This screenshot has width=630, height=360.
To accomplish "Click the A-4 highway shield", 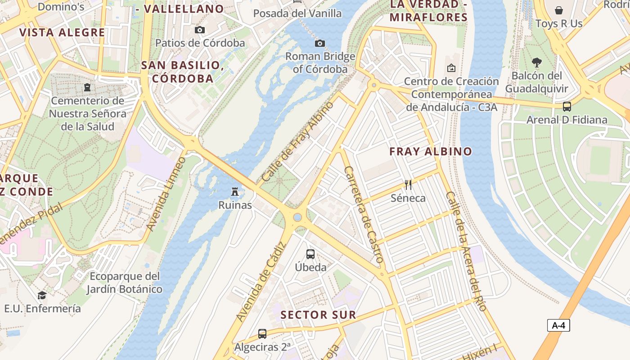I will (x=558, y=325).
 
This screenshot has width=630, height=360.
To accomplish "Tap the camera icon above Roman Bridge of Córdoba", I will (x=319, y=43).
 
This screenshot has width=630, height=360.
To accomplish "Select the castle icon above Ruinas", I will (x=234, y=192).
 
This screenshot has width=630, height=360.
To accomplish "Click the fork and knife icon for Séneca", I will (x=408, y=184).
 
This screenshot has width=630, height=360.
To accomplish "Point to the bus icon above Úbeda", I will (x=310, y=254).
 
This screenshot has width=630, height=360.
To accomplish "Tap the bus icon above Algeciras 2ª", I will (x=262, y=334).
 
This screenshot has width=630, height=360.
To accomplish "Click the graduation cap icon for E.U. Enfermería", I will (x=42, y=295).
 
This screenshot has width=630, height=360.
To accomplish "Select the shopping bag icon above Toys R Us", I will (x=559, y=10).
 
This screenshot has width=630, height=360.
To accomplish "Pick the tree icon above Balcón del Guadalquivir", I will (x=536, y=62).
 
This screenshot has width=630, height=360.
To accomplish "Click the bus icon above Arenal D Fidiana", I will (x=567, y=107).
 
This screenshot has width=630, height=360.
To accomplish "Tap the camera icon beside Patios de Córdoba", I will (x=200, y=30).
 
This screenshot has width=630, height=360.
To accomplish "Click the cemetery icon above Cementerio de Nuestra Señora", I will (x=87, y=87).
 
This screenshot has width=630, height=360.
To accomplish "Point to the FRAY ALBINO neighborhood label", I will (x=431, y=152).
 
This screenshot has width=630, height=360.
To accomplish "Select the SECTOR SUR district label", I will (x=318, y=315).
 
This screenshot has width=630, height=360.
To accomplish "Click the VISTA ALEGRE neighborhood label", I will (x=62, y=32).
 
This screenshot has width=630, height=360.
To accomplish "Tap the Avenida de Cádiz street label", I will (x=261, y=282).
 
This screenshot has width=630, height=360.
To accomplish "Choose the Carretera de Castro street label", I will (x=363, y=215).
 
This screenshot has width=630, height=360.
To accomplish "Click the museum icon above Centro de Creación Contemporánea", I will (x=451, y=68).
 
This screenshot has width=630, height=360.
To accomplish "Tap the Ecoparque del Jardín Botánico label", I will (x=124, y=283).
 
